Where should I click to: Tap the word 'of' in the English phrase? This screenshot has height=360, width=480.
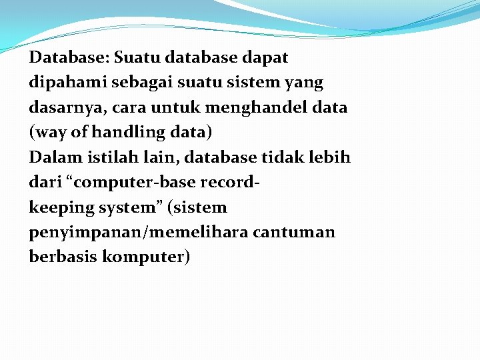coord(79,133)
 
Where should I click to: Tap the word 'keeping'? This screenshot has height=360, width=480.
coord(61,208)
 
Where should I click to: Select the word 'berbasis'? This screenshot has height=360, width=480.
coord(63,257)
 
